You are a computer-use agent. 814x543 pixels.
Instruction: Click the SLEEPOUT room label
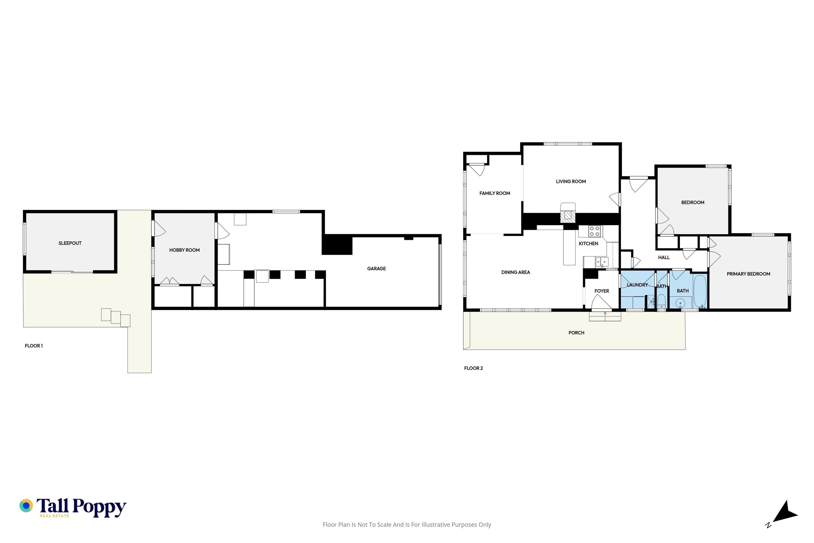click(x=70, y=243)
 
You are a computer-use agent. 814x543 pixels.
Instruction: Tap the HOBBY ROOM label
click(x=184, y=250)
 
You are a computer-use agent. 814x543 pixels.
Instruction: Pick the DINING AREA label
click(x=516, y=272)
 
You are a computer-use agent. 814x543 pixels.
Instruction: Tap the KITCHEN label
click(x=588, y=244)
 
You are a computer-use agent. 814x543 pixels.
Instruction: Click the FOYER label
click(x=602, y=291)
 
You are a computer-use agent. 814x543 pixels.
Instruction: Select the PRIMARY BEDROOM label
click(x=748, y=274)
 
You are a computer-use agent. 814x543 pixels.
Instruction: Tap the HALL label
click(x=664, y=257)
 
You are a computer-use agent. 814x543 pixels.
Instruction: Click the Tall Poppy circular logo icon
click(x=26, y=506)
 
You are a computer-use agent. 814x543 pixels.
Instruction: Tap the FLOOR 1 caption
click(x=33, y=346)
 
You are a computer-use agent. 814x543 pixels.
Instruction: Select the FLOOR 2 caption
click(x=473, y=368)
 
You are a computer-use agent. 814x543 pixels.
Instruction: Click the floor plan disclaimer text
click(x=407, y=525)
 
